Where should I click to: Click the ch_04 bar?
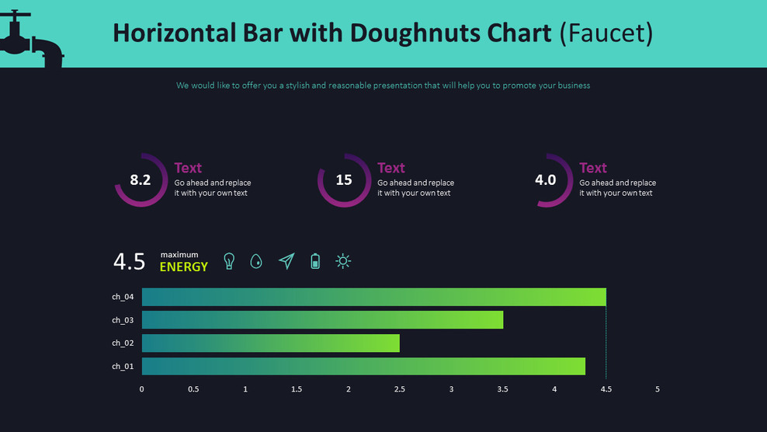coord(373,297)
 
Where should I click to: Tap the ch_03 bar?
coord(322,320)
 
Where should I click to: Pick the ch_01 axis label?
coord(123,367)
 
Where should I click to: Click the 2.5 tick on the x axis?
coord(400,389)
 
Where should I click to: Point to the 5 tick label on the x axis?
coord(658,389)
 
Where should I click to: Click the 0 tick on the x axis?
coord(141,389)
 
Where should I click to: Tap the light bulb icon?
coord(229,261)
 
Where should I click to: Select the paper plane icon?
coord(286,261)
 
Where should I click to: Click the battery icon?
coord(315,261)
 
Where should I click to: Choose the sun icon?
coord(343,261)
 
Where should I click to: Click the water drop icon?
coord(256,262)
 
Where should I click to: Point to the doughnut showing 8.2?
coord(141,180)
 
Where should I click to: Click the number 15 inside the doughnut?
coord(344,180)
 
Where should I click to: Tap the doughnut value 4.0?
coord(546,180)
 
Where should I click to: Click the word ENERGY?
coord(184,267)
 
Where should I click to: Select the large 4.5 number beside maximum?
coord(129,262)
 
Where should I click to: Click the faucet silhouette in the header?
coord(31,39)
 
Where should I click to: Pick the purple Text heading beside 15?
coord(391,168)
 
